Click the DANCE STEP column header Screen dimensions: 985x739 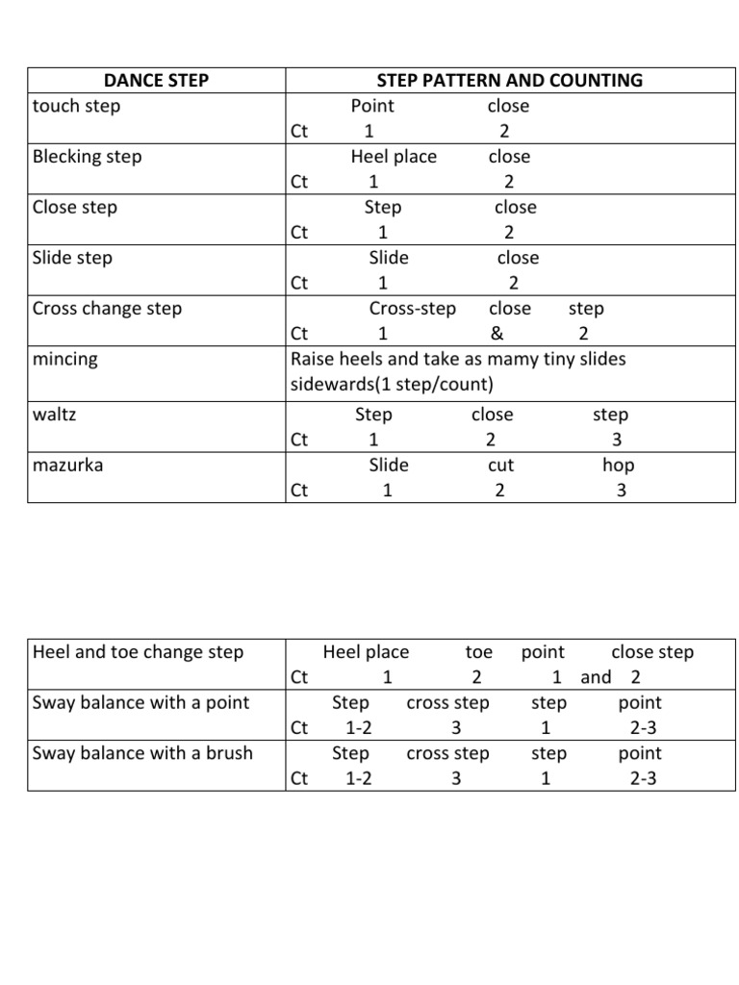coord(156,81)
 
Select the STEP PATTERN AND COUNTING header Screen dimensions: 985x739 coord(509,81)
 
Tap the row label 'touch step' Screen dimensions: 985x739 coord(77,106)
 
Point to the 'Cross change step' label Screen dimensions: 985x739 coord(107,309)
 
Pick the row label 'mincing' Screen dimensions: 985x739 coord(65,360)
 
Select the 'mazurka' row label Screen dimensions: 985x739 coord(68,466)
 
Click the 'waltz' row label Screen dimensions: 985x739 coord(55,416)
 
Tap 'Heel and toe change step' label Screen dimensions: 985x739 coord(139,652)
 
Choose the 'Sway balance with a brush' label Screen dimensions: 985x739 coord(142,753)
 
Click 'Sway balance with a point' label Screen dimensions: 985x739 coord(140,703)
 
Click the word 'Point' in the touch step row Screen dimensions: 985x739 coord(372,106)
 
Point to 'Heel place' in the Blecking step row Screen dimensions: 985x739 coord(394,157)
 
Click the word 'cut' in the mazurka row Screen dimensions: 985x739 coord(500,466)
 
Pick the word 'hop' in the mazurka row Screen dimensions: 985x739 coord(619,466)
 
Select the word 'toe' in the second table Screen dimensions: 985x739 coord(478,652)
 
